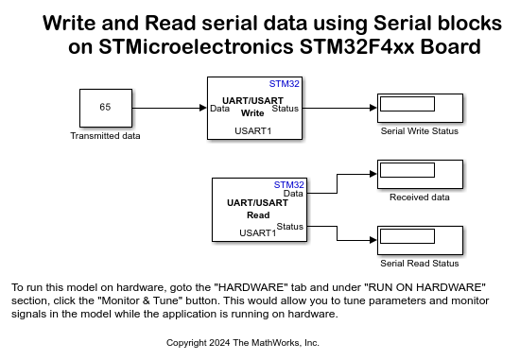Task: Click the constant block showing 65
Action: tap(105, 108)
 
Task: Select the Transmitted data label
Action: tap(105, 136)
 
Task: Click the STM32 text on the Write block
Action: tap(284, 84)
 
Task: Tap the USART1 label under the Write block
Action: tap(252, 130)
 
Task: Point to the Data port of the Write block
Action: tap(218, 108)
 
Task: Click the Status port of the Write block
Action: tap(284, 108)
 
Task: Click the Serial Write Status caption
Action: tap(419, 131)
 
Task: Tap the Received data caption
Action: tap(419, 197)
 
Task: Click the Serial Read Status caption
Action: tap(419, 264)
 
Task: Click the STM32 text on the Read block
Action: tap(289, 184)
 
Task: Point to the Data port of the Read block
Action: tap(293, 194)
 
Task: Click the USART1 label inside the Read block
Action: tap(257, 232)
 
